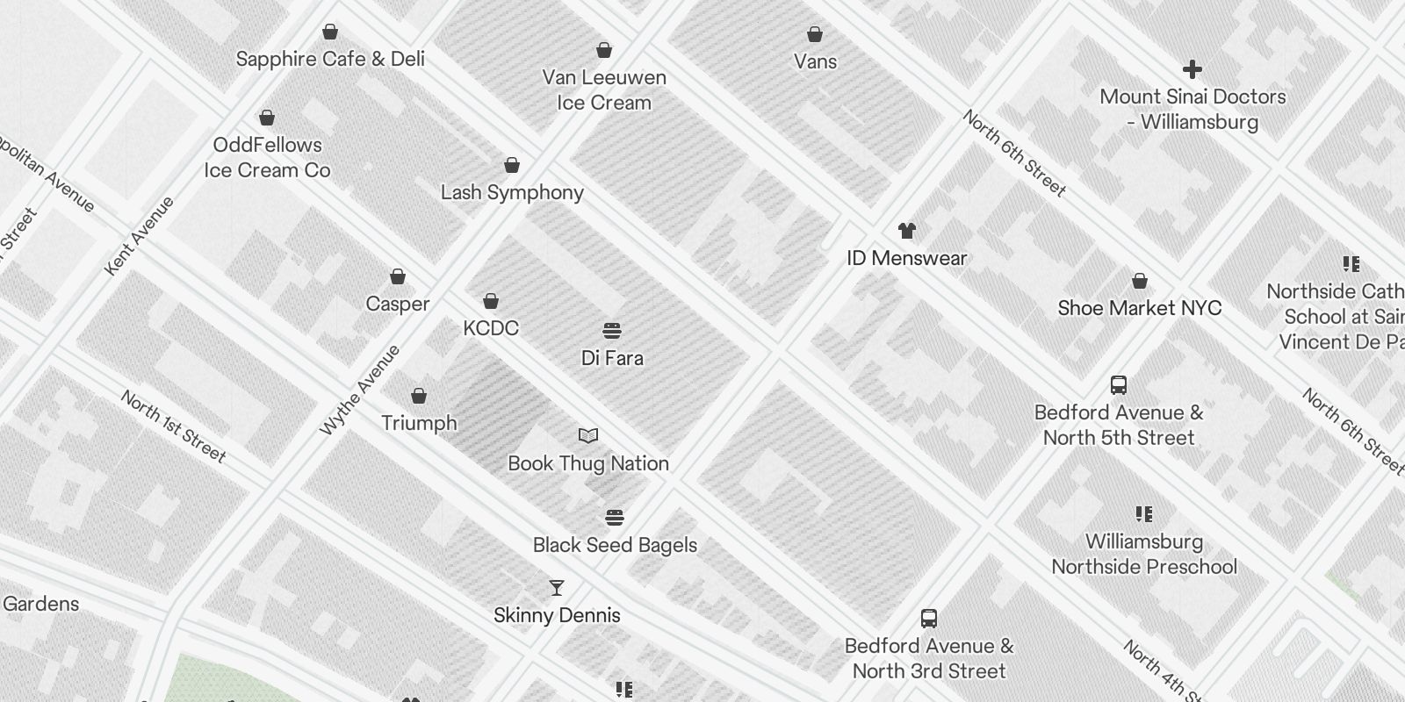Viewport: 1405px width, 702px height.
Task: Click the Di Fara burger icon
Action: (612, 331)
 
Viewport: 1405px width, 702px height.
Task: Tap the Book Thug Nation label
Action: (588, 463)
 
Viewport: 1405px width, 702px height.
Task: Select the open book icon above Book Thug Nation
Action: (588, 435)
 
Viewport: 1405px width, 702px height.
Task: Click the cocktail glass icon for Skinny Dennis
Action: (557, 587)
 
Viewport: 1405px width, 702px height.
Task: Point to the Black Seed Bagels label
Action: (615, 545)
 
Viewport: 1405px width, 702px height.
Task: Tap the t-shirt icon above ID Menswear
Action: (907, 231)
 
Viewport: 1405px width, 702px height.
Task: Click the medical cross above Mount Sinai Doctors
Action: (1192, 69)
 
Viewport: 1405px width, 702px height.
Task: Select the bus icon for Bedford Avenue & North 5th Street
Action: (1119, 384)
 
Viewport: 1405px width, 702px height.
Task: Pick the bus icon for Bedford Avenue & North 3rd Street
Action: (929, 619)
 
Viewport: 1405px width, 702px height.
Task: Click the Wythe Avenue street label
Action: (360, 390)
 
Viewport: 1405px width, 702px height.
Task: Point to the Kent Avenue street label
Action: (140, 235)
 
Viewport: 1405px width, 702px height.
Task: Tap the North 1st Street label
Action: (174, 426)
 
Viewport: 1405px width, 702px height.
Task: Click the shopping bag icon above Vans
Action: (815, 34)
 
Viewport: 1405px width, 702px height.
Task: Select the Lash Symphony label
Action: (512, 192)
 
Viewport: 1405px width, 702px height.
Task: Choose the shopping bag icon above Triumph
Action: (419, 396)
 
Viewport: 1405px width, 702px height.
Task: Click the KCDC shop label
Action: (491, 328)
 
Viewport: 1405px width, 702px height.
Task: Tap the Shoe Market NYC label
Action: (1140, 308)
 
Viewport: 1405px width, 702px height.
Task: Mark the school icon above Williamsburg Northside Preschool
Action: (1143, 514)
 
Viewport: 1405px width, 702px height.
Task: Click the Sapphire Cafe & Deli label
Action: (330, 59)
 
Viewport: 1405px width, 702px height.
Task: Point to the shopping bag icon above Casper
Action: (398, 276)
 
